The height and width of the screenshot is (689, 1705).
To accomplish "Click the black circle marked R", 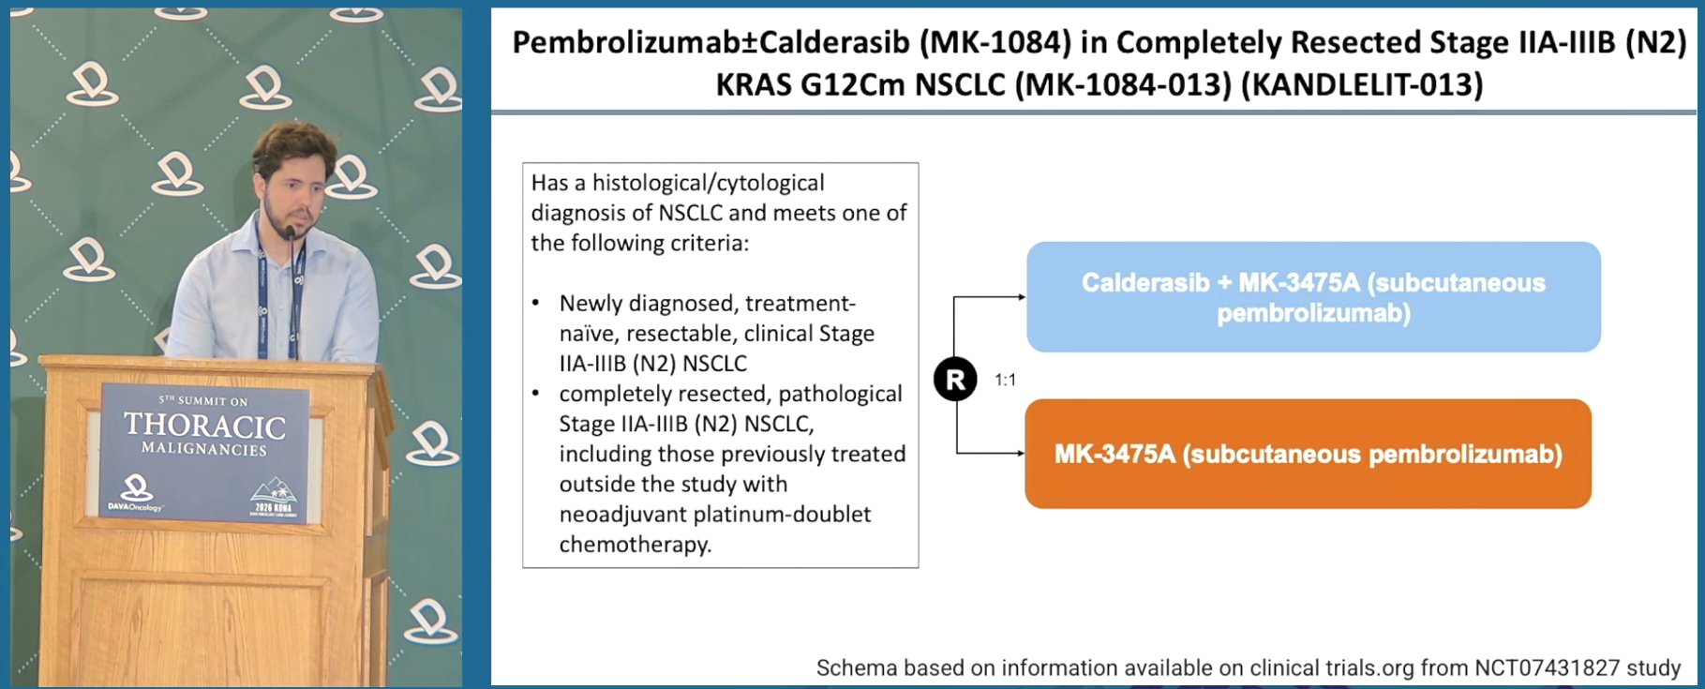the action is pos(955,380).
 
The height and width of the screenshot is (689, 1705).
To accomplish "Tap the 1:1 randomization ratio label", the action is pos(1006,380).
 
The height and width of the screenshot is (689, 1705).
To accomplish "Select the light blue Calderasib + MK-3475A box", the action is pos(1313,297).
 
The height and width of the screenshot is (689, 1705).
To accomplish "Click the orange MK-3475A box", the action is pos(1308,454).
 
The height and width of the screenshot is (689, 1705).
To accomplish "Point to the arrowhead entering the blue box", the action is pos(1022,297).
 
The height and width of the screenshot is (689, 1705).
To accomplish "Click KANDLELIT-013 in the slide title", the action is pos(1368,85).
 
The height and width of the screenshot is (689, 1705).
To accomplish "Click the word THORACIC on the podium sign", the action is pos(205,427).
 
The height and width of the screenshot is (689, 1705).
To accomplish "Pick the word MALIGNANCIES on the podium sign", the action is pos(204,449).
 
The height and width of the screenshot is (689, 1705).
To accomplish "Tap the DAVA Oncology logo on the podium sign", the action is pos(136,493).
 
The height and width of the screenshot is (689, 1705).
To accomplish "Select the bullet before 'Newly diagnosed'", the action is pos(536,303).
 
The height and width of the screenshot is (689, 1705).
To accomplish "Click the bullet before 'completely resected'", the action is pos(536,394).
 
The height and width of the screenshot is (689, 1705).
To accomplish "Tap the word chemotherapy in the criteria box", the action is pos(636,545).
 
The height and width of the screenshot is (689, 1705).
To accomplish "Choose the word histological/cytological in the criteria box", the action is pos(709,183).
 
